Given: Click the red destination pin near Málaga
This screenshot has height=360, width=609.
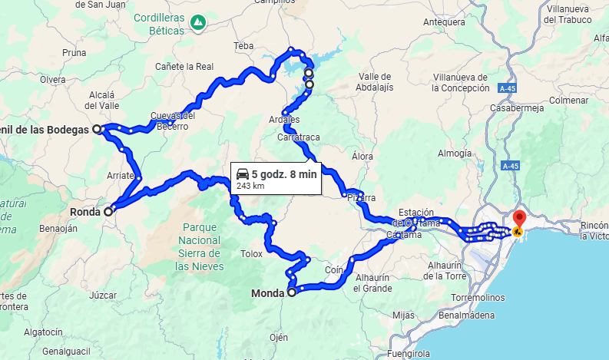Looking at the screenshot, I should coord(518,219).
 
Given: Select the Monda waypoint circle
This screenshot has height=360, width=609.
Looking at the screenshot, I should coord(291,292).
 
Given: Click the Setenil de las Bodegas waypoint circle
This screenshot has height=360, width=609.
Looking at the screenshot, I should coord(97,130).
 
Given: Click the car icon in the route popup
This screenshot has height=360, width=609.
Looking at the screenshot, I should coord(243,173).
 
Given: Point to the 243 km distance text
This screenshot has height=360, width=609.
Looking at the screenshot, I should coord(250,186).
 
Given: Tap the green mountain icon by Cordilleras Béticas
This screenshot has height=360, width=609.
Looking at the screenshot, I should coord(198,22).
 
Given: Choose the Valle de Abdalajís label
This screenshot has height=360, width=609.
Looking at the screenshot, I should coord(375,81).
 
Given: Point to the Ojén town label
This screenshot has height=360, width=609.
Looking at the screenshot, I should coord(278,337).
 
